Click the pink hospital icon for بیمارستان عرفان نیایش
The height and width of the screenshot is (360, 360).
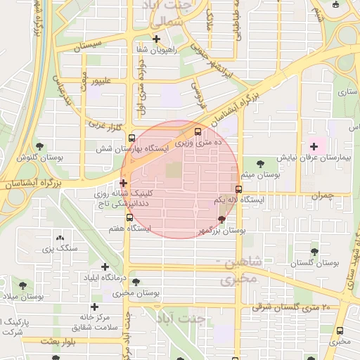(313, 146)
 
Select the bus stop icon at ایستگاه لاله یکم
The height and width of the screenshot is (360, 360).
(238, 189)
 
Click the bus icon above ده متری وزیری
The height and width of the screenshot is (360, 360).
(198, 131)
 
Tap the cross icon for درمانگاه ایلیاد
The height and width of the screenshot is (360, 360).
(105, 266)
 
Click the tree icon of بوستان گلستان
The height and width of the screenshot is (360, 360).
(314, 251)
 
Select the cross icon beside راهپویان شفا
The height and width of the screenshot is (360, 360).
(156, 39)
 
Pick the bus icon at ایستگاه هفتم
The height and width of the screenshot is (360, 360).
(129, 217)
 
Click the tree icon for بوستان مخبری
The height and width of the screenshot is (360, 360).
(136, 281)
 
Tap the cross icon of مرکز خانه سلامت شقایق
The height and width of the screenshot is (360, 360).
(94, 307)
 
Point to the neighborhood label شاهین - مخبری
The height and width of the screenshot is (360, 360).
(243, 271)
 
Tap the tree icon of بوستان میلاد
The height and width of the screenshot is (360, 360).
(24, 285)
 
